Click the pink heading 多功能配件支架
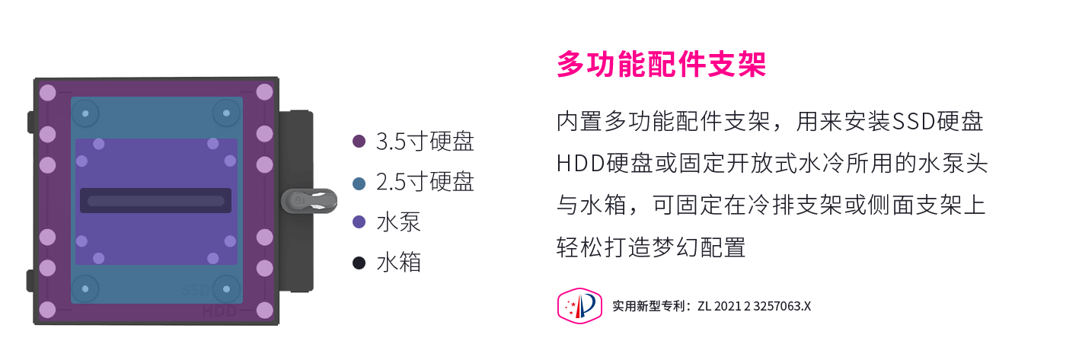pos(661,64)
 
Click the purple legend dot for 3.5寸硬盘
pos(359,142)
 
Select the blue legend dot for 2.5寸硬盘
pos(359,183)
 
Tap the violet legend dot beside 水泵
pos(359,222)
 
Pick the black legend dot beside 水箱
pos(359,263)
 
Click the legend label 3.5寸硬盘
pos(425,142)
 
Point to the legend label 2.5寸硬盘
pos(425,182)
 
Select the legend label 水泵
pos(398,222)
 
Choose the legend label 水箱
pos(398,263)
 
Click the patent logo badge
pos(579,306)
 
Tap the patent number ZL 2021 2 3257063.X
pos(755,306)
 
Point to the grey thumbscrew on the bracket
pos(309,201)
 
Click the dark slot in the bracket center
pos(155,201)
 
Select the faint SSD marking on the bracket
pos(196,290)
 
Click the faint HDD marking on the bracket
pos(219,311)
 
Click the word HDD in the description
pos(580,164)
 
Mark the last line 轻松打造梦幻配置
pos(651,247)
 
